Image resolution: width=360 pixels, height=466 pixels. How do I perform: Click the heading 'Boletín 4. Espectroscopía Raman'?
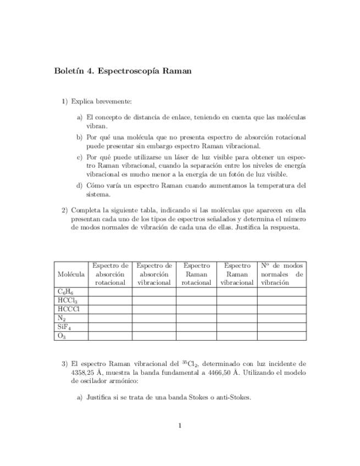pos(123,71)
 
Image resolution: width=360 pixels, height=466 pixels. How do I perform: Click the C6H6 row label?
pos(65,292)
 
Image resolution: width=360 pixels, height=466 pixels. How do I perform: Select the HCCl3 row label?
pos(67,301)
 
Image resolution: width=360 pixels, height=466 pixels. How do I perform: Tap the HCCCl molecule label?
pos(69,309)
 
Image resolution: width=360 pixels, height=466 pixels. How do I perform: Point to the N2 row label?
pos(62,318)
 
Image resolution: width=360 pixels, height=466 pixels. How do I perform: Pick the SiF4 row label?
pos(65,327)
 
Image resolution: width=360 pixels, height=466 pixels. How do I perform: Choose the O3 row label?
pos(62,336)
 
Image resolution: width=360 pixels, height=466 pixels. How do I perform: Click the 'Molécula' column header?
pos(71,274)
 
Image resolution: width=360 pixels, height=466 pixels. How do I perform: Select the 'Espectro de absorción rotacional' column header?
pos(110,274)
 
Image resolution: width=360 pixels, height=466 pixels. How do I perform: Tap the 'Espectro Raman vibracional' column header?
pos(237,274)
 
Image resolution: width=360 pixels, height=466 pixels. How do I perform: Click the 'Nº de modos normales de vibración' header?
pos(281,274)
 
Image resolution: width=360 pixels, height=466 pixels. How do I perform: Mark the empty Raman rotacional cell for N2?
pos(196,318)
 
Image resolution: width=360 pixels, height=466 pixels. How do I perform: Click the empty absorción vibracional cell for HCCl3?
pos(154,301)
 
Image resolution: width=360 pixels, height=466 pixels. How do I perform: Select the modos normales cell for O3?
pos(281,336)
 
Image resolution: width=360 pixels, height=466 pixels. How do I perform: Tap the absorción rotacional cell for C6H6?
pos(110,292)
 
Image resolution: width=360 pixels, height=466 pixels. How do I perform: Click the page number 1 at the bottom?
pos(180,425)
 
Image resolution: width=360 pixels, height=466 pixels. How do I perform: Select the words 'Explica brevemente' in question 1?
pos(102,101)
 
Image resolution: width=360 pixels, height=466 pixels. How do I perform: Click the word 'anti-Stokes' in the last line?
pos(233,398)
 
